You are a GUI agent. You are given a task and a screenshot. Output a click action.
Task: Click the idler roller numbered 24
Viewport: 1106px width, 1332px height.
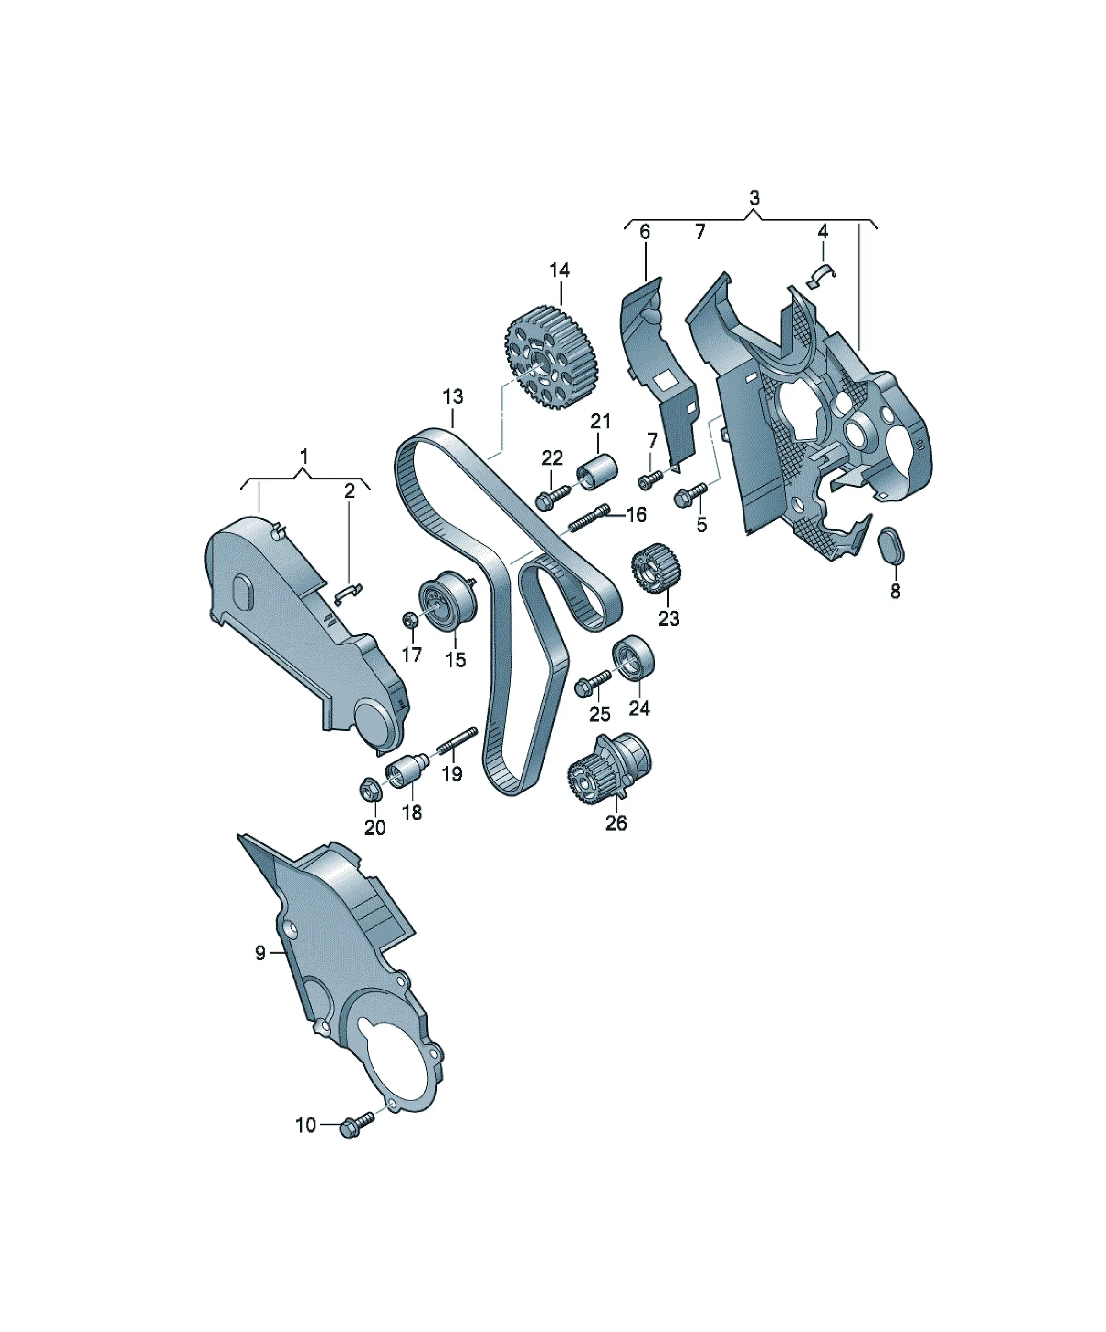point(633,657)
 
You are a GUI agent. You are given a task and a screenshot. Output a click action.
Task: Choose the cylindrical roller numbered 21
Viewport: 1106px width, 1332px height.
point(596,471)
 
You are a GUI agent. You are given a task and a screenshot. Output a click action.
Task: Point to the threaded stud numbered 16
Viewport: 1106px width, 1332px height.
point(590,518)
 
